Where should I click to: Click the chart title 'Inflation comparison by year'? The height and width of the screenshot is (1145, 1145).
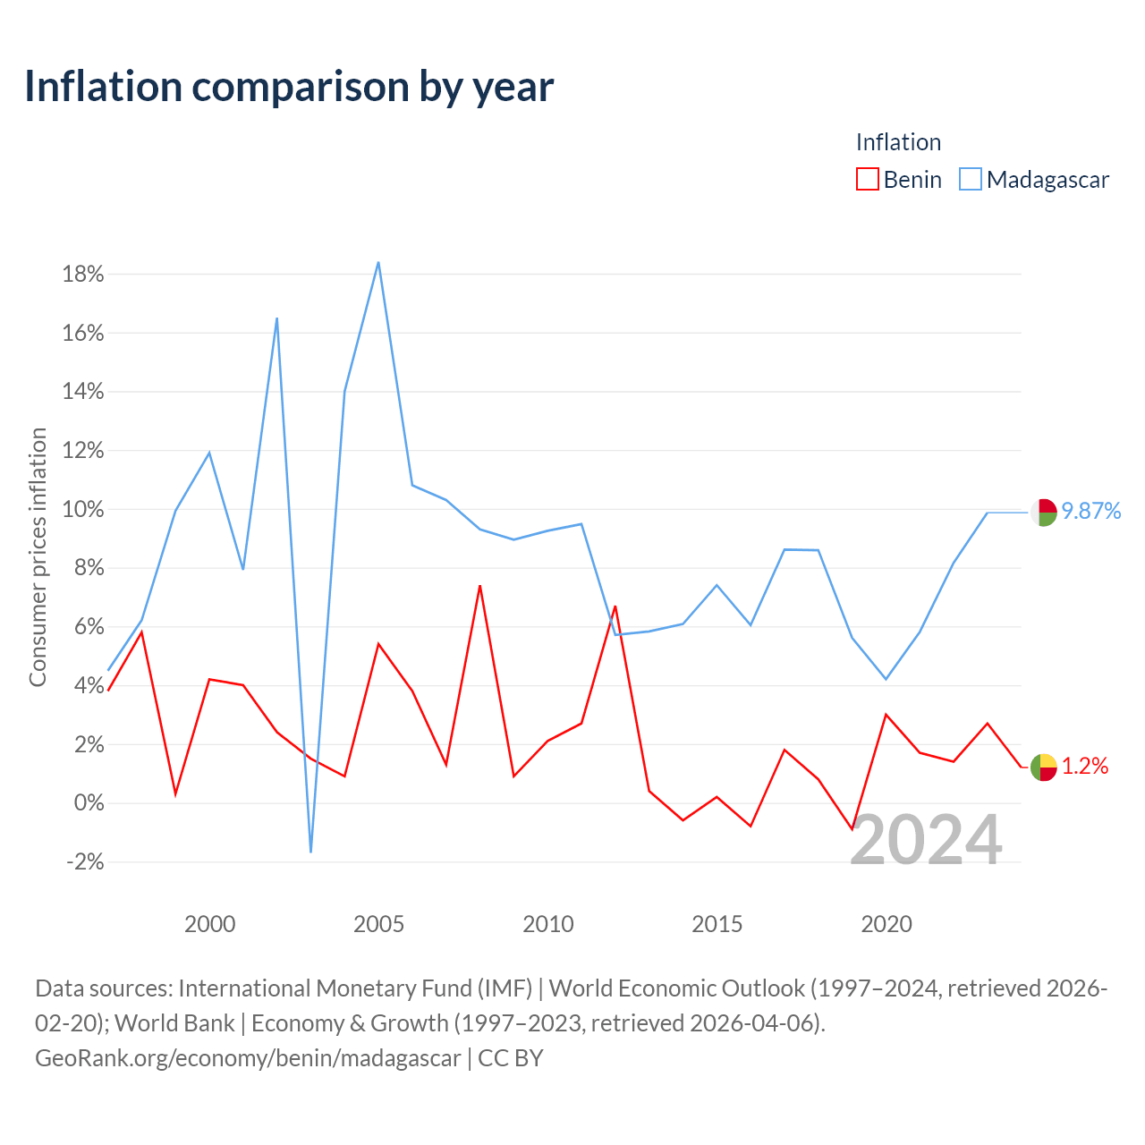(x=289, y=87)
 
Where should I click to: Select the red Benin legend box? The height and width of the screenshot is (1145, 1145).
(x=867, y=180)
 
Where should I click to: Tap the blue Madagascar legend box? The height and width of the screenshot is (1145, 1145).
(x=971, y=180)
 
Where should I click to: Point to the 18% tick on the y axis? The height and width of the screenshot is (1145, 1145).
(x=83, y=275)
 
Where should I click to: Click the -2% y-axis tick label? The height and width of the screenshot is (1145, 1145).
(x=86, y=861)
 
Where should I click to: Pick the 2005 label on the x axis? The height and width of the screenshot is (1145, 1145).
(x=378, y=925)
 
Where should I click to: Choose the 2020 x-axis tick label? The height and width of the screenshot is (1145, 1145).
(x=886, y=925)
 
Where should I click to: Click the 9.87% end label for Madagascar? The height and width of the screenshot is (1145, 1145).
(x=1091, y=511)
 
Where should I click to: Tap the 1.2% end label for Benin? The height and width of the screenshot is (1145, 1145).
(x=1085, y=767)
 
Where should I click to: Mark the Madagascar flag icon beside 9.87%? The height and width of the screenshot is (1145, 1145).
(x=1044, y=513)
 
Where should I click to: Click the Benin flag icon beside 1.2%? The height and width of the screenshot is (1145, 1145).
(x=1044, y=768)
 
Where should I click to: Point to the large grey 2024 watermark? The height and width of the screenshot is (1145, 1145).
(x=926, y=840)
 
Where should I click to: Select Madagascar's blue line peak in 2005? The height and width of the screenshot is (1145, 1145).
(x=378, y=263)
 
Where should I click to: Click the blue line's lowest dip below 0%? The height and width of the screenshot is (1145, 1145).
(x=310, y=852)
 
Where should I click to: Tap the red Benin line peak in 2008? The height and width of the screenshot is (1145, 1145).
(x=480, y=586)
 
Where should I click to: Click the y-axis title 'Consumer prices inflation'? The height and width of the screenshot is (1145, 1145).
(x=38, y=557)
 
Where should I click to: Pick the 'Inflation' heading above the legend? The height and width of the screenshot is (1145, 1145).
(x=898, y=142)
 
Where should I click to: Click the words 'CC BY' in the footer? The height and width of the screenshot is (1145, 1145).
(x=511, y=1058)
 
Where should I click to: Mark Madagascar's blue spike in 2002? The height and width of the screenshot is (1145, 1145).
(x=277, y=318)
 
